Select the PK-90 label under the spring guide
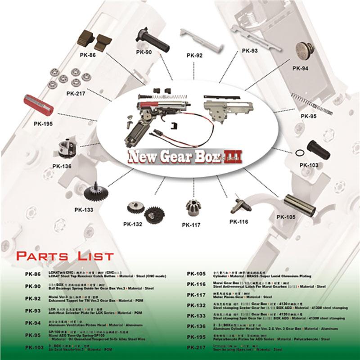[x=144, y=52]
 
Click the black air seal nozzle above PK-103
[x=319, y=149]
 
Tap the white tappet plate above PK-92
[x=196, y=38]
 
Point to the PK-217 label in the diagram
[x=76, y=94]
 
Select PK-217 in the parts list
[x=196, y=348]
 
